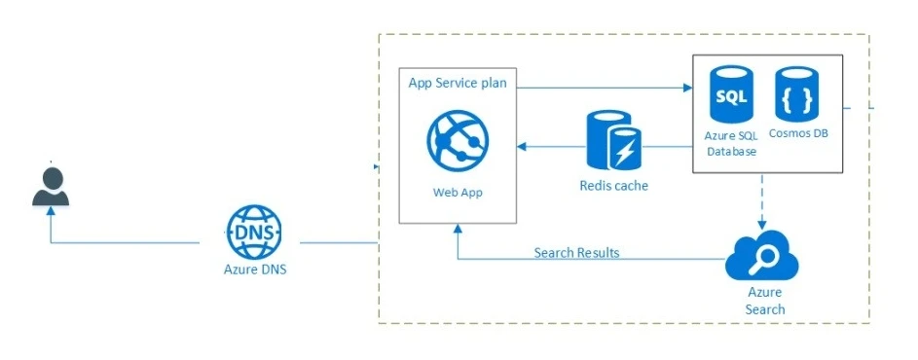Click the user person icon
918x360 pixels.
pos(51,187)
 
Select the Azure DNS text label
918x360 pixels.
pos(254,270)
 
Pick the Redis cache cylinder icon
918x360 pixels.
pos(613,141)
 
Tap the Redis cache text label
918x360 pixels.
pos(613,185)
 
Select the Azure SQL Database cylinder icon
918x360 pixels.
pos(731,96)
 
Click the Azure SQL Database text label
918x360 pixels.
pos(731,143)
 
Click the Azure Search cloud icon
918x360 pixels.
pos(762,258)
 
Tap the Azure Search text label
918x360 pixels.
pos(764,301)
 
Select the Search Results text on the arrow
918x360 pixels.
pos(576,253)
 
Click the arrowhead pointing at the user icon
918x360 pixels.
pos(51,216)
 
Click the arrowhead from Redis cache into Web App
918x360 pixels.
pos(522,147)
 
